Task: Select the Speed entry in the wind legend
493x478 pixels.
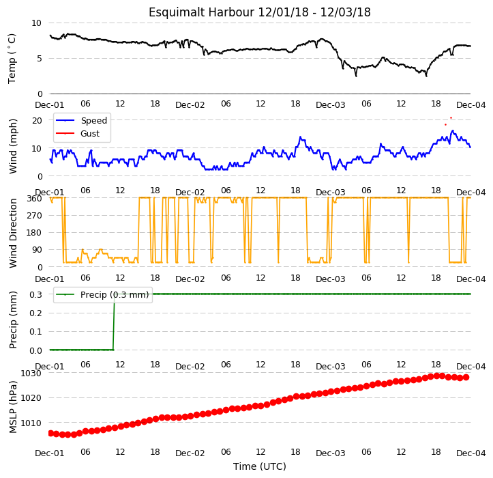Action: point(94,121)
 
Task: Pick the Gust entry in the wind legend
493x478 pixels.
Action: point(90,134)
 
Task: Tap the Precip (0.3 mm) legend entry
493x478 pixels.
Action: point(115,295)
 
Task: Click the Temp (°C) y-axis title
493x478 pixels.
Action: point(12,59)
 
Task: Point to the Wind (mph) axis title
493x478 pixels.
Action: point(13,146)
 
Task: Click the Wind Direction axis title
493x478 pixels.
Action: point(13,234)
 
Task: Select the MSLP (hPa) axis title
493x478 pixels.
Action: point(13,407)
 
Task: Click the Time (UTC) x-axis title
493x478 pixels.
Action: point(260,466)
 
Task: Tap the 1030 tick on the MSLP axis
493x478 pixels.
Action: point(31,373)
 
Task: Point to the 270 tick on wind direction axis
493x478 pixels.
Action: point(35,216)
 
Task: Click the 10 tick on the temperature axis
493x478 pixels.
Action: point(36,23)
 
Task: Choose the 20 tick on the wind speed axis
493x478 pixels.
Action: point(37,121)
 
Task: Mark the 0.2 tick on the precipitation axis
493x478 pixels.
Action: point(35,313)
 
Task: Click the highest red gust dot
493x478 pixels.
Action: point(451,117)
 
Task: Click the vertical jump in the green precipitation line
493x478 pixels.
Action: point(113,322)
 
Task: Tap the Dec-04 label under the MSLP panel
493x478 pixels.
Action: point(470,453)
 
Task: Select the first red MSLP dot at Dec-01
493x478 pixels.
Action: point(50,434)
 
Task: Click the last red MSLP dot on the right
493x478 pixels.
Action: point(466,377)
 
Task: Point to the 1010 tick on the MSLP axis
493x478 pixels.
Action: point(31,423)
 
